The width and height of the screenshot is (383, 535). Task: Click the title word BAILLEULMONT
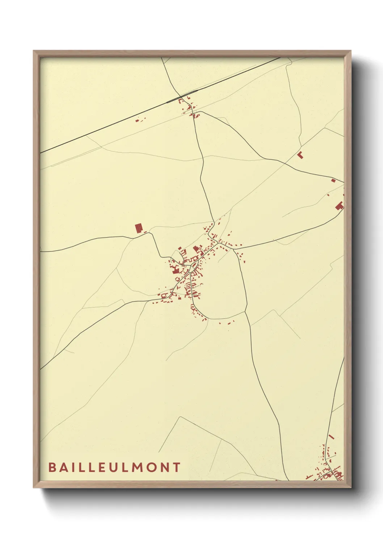[114, 467]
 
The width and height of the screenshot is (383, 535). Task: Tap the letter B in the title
[52, 467]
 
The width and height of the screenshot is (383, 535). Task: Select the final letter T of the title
[177, 467]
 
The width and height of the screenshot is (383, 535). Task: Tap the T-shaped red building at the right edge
[339, 206]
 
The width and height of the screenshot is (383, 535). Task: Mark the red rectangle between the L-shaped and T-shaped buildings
[333, 180]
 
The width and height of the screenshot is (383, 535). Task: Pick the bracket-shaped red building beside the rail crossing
[181, 100]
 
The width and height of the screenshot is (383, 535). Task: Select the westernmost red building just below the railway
[137, 120]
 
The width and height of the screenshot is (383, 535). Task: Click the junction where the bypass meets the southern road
[245, 312]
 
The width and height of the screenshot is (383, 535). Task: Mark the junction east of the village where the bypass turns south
[234, 249]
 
